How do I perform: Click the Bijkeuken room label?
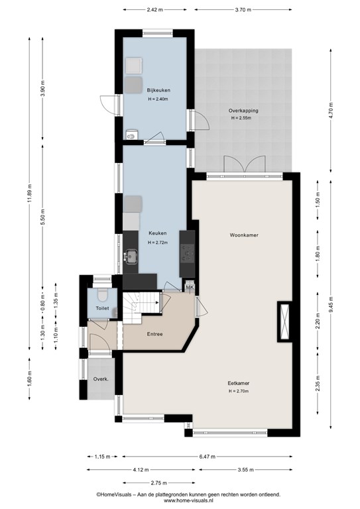tap(158, 90)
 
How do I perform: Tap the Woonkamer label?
tap(244, 235)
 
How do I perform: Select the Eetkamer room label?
tap(239, 383)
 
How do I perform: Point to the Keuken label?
tap(158, 233)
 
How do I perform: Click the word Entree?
tap(155, 334)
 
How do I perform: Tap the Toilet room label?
tap(102, 308)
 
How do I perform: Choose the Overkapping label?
tap(243, 111)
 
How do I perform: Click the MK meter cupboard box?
tap(190, 287)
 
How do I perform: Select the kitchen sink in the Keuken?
tap(131, 256)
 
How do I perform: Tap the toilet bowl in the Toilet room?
tap(103, 295)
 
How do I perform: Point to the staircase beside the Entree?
tap(142, 308)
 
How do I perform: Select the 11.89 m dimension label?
tap(30, 194)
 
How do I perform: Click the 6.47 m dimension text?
tap(207, 457)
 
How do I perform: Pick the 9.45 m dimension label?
tap(330, 305)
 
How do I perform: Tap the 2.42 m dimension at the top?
tap(154, 10)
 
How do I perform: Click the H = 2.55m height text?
tap(241, 118)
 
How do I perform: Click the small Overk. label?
tap(101, 379)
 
